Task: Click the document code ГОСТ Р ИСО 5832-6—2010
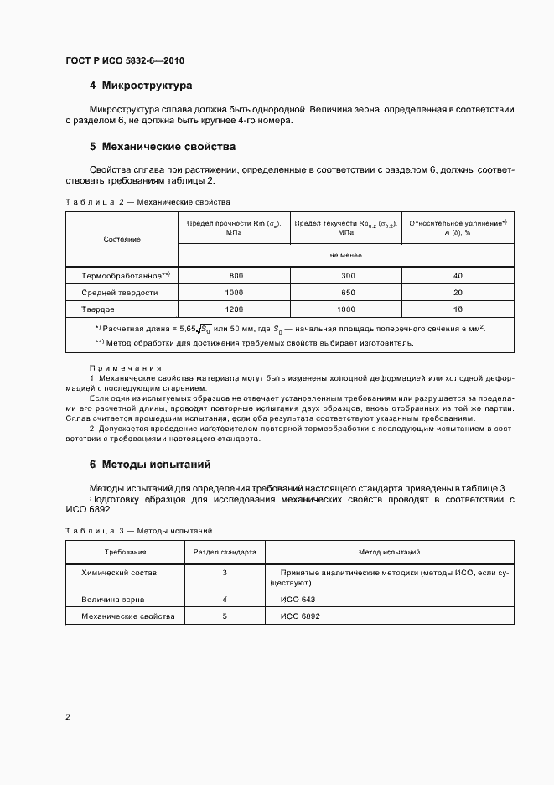click(x=125, y=61)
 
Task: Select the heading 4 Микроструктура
click(x=141, y=86)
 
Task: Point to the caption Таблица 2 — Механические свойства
click(x=148, y=202)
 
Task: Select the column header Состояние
click(x=122, y=239)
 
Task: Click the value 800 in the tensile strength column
click(x=236, y=275)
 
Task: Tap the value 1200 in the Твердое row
click(x=236, y=309)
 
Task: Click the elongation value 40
click(x=457, y=275)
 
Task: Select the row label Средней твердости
click(x=119, y=293)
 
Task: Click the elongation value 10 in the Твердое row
click(x=457, y=309)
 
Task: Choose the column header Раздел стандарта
click(x=225, y=553)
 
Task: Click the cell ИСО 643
click(x=298, y=600)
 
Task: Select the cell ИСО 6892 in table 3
click(x=300, y=616)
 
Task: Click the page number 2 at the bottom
click(x=68, y=717)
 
